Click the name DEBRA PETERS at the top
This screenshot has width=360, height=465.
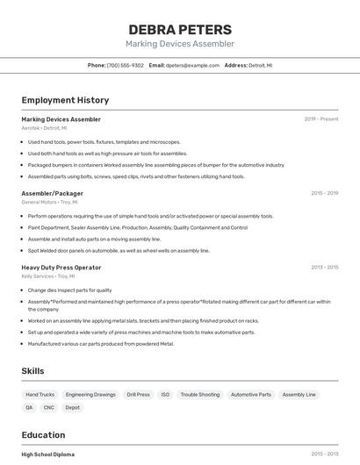[x=180, y=29]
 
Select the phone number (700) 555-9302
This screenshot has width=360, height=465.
[x=126, y=65]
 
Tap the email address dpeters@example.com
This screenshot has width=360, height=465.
[x=193, y=65]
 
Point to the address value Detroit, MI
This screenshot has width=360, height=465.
[x=261, y=65]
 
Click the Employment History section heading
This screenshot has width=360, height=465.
[x=65, y=100]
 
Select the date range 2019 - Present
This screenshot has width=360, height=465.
[x=321, y=119]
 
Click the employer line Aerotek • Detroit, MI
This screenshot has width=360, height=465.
[x=44, y=128]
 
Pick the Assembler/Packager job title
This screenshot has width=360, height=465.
[x=53, y=193]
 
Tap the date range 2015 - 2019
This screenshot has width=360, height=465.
[x=324, y=193]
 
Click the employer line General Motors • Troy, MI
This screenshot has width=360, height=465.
[x=50, y=202]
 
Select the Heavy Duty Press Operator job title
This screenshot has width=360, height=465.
[x=61, y=268]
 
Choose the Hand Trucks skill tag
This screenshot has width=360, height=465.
[x=40, y=395]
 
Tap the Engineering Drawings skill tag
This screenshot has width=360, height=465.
[x=90, y=395]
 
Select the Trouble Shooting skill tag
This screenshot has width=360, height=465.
[x=200, y=395]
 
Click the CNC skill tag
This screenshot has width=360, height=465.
[x=49, y=407]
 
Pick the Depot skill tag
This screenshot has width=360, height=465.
[x=73, y=407]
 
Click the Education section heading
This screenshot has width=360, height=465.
[x=43, y=435]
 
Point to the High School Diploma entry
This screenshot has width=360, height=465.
[x=48, y=454]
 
